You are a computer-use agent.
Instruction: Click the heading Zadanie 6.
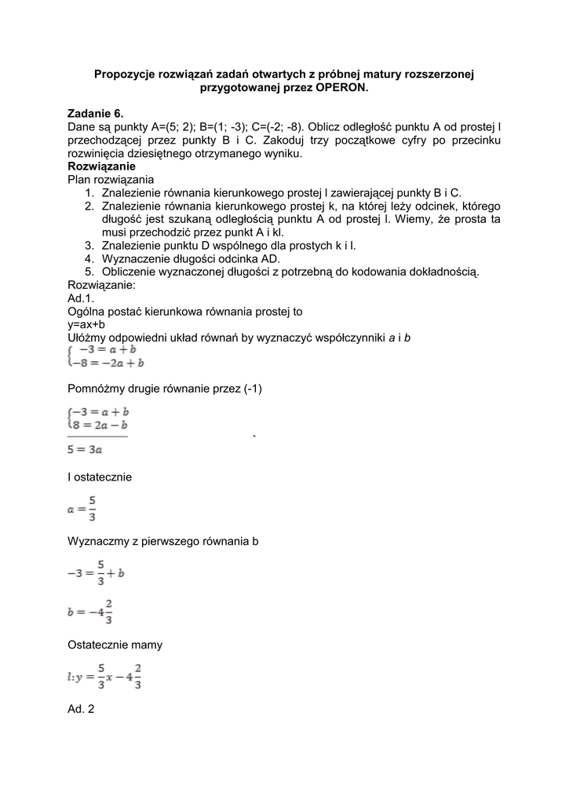pyautogui.click(x=96, y=114)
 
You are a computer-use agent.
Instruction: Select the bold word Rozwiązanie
pyautogui.click(x=101, y=166)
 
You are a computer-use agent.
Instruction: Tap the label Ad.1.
pyautogui.click(x=81, y=298)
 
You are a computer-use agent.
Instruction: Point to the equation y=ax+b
pyautogui.click(x=86, y=324)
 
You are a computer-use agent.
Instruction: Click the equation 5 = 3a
pyautogui.click(x=84, y=450)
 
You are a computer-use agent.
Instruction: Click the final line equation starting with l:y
pyautogui.click(x=104, y=678)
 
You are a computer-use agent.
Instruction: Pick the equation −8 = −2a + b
pyautogui.click(x=108, y=364)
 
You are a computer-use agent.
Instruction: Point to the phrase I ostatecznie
pyautogui.click(x=100, y=477)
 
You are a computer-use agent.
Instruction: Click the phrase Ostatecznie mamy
pyautogui.click(x=115, y=645)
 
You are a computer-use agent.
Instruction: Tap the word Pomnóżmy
pyautogui.click(x=96, y=390)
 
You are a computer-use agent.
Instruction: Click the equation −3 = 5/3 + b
pyautogui.click(x=96, y=574)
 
